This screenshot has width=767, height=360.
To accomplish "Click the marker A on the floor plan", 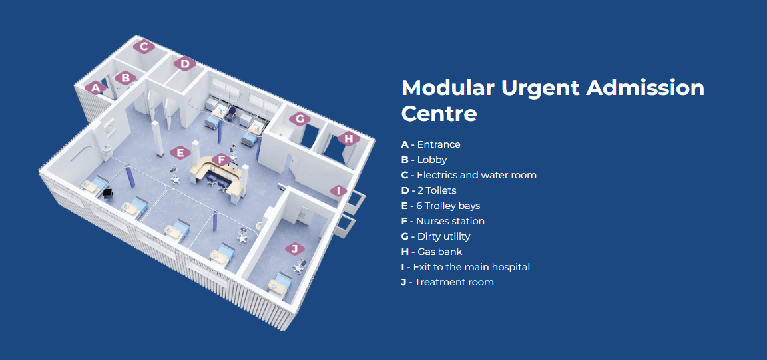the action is (x=95, y=88).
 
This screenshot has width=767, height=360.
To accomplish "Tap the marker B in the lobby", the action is (x=125, y=77).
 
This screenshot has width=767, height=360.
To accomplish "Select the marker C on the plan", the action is (x=144, y=47).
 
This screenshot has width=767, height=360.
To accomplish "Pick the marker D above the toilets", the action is (x=184, y=64).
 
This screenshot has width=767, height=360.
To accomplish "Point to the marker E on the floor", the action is (x=180, y=152).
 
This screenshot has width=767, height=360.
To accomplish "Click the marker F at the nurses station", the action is (x=222, y=160).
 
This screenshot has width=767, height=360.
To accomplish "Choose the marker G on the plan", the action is (x=300, y=119).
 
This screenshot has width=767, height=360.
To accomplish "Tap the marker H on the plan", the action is (x=348, y=139).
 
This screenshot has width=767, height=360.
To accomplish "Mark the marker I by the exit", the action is (x=338, y=191).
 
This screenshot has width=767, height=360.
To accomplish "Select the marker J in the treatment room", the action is (x=294, y=249).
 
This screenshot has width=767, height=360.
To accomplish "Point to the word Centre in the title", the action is (x=439, y=114).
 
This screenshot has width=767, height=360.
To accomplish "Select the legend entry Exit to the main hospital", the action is (x=471, y=267).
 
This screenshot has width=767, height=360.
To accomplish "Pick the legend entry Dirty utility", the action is (x=443, y=236).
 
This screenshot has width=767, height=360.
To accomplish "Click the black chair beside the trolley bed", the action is (x=108, y=192).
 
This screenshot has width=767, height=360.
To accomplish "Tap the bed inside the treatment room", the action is (x=278, y=285).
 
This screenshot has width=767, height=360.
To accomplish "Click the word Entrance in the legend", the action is (x=439, y=145).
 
